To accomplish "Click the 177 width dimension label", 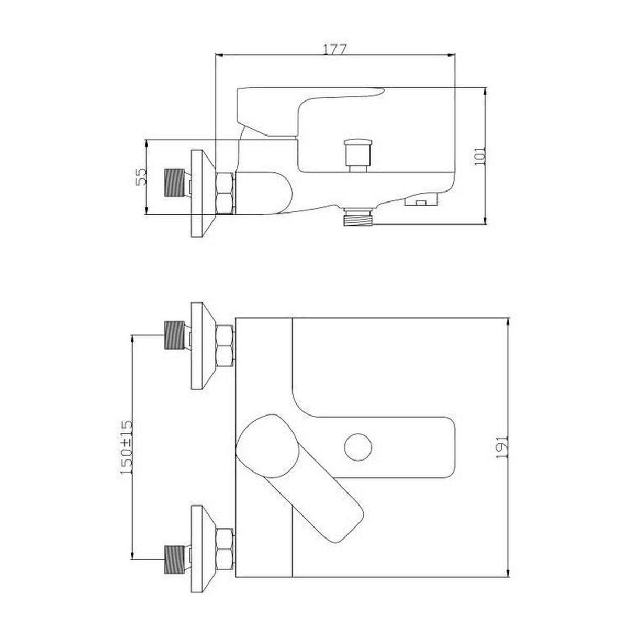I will tap(334, 49).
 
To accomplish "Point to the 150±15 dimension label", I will tap(126, 446).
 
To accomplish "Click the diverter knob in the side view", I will tap(358, 153).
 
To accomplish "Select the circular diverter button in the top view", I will tap(358, 447).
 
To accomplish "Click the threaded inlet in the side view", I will tap(175, 183).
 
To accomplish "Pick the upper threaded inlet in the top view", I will tap(175, 335).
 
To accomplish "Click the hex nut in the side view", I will tap(226, 193).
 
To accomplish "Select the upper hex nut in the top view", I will tap(226, 345).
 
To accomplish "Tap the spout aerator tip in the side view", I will tap(421, 200).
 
